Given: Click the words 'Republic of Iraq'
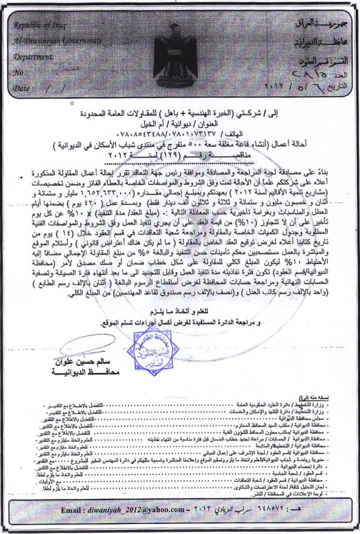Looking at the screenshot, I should [39, 27].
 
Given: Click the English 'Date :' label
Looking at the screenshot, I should [24, 88].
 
